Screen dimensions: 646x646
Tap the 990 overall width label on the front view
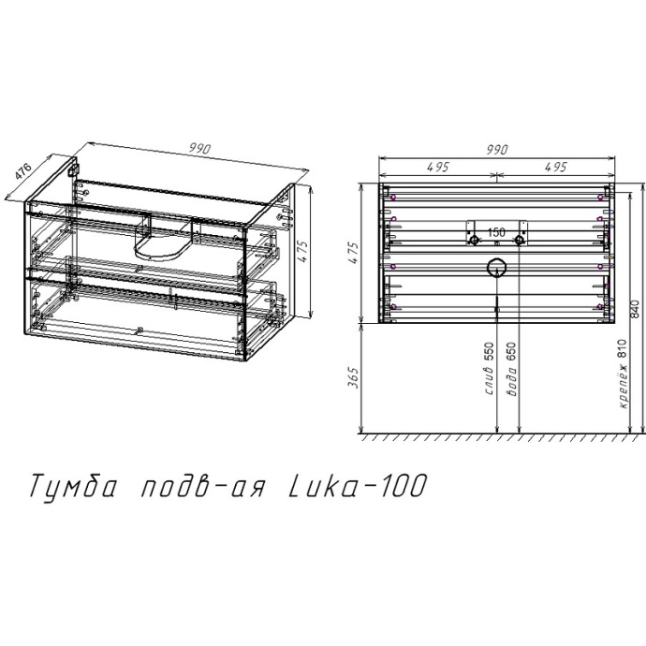(x=496, y=148)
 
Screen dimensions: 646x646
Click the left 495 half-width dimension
(x=437, y=167)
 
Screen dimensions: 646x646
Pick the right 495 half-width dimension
(x=555, y=167)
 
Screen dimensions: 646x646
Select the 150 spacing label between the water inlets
(x=496, y=231)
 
